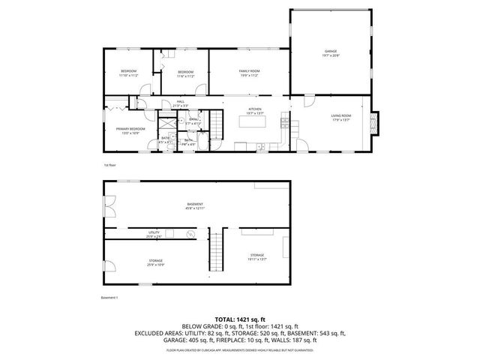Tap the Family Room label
(249, 72)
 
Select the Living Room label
(341, 118)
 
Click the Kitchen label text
(255, 111)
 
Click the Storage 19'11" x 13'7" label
(256, 257)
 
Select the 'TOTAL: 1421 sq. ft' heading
(239, 318)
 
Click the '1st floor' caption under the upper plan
(109, 164)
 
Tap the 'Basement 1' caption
(109, 297)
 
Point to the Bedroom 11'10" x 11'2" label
(128, 73)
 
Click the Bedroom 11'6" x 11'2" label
(185, 73)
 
